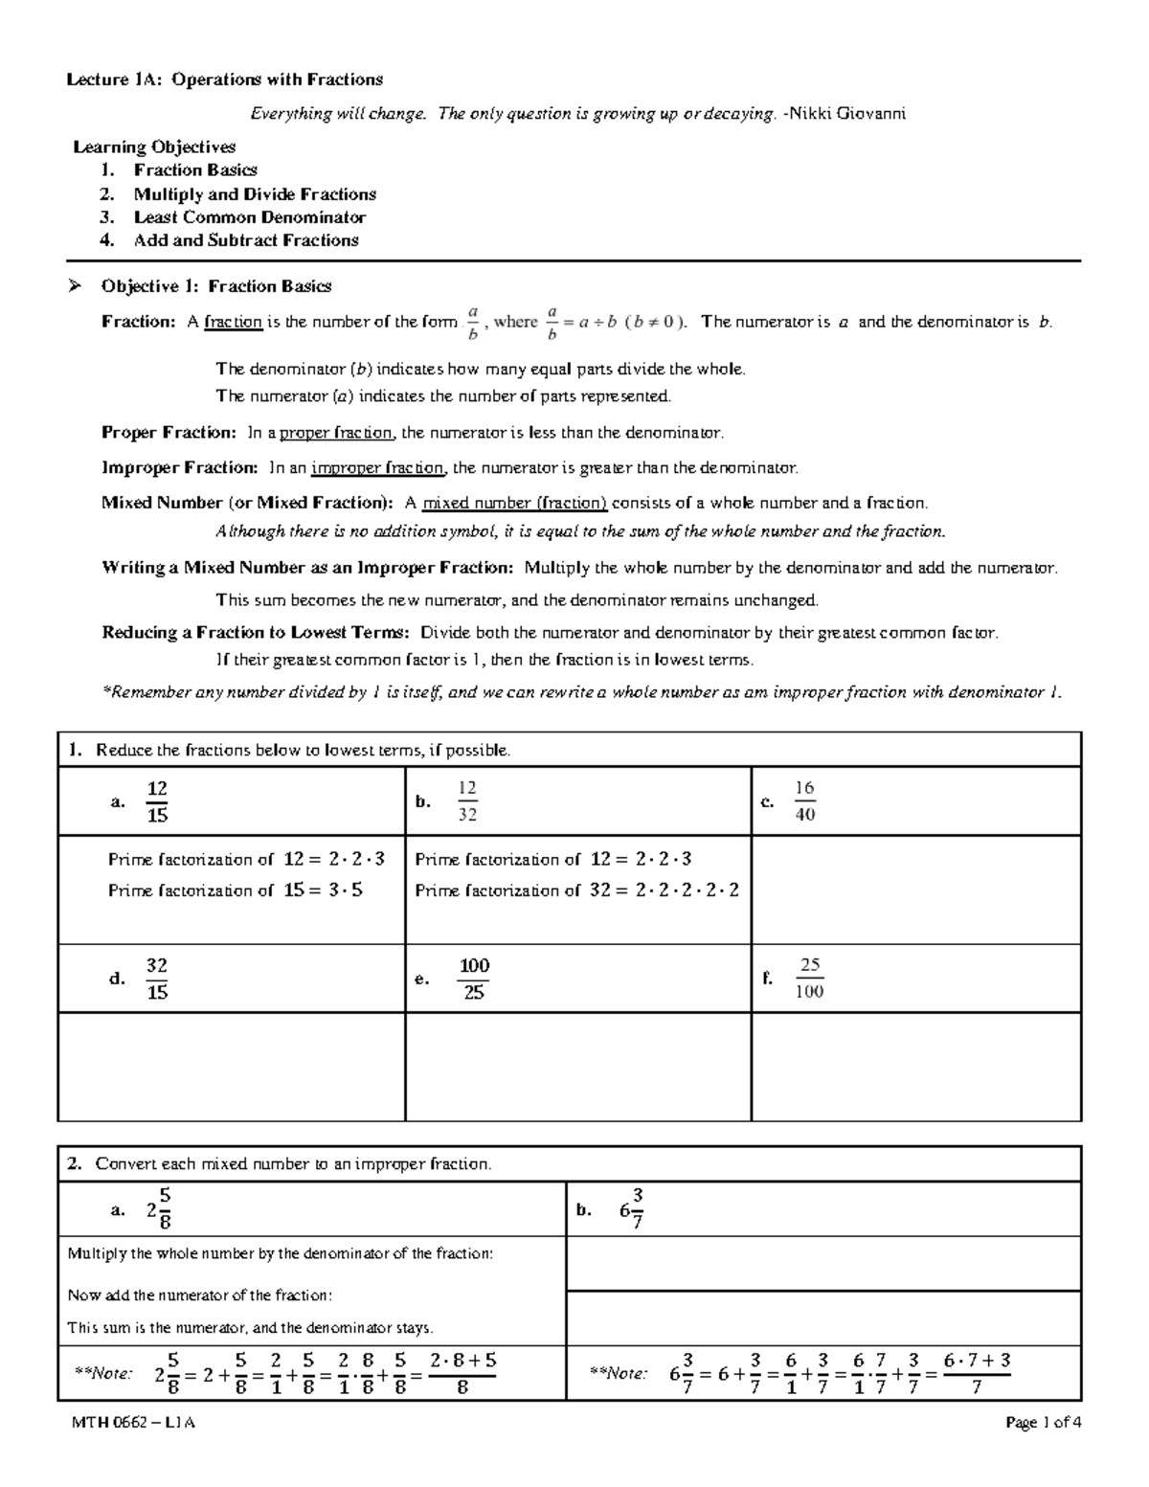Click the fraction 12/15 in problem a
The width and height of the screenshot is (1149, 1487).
(157, 801)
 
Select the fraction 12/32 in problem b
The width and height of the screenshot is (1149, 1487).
(467, 801)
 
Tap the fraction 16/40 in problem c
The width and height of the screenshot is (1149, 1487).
(804, 801)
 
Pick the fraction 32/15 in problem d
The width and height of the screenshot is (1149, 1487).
(157, 979)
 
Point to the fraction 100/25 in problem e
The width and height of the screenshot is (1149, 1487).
(474, 979)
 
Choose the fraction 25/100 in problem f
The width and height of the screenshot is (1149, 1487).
(809, 979)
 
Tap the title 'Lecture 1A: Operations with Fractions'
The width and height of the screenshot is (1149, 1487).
(224, 79)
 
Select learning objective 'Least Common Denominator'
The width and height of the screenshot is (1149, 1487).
(249, 217)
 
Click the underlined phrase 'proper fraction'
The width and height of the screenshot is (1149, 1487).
(335, 434)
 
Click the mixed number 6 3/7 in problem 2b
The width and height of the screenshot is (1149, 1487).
(632, 1209)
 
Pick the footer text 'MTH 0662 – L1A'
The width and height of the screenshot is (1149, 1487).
(133, 1423)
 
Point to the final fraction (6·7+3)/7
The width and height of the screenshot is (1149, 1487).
(977, 1374)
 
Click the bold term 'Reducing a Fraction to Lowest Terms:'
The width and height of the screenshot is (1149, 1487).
(257, 633)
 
